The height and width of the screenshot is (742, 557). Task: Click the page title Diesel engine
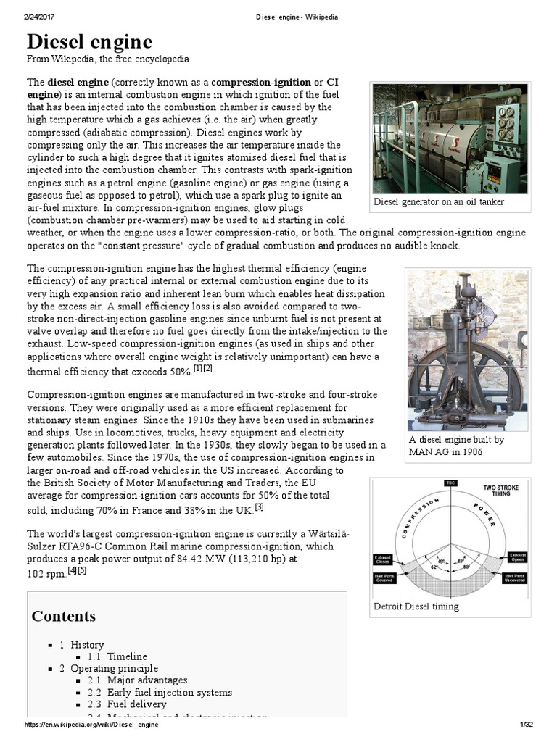89,41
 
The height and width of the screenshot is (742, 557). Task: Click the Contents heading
63,616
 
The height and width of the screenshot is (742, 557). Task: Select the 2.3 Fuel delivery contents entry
126,704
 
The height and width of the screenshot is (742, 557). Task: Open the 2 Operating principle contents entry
108,668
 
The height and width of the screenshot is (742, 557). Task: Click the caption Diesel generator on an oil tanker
439,201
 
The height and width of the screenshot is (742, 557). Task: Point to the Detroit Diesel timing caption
416,606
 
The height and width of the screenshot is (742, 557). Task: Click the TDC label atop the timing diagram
450,483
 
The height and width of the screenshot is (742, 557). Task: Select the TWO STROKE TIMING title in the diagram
501,491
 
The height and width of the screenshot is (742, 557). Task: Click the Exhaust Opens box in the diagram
517,559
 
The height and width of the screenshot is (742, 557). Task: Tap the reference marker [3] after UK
258,507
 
